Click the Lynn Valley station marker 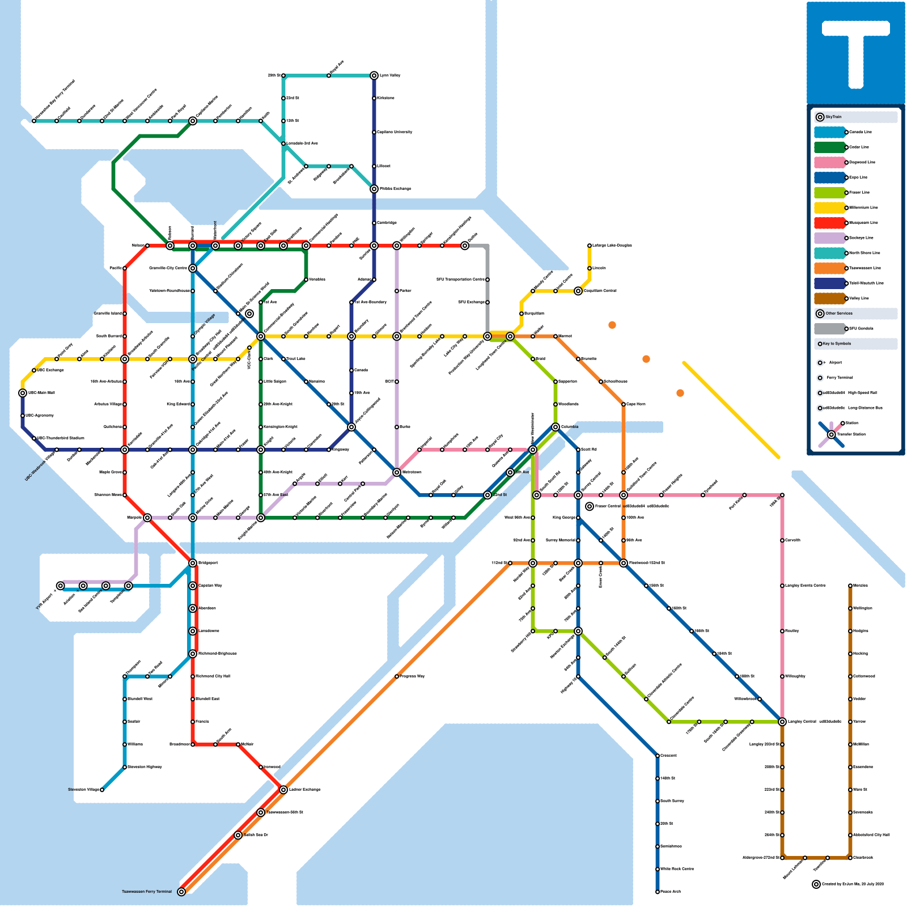coord(374,75)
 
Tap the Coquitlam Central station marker coord(578,291)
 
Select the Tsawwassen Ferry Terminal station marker coord(181,892)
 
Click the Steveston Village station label coord(83,790)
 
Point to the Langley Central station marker coord(782,722)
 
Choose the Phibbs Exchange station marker coord(374,189)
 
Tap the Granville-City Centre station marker coord(193,268)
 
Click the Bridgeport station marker coord(193,563)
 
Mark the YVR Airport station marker coord(61,586)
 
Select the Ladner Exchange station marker coord(283,790)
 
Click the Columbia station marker coord(556,427)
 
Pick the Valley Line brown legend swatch coord(830,298)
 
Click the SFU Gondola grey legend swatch coord(830,329)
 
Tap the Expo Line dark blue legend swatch coord(830,177)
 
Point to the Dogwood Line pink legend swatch coord(830,162)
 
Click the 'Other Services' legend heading coord(839,313)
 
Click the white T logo coord(855,51)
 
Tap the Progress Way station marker coord(397,676)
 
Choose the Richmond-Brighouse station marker coord(193,654)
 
